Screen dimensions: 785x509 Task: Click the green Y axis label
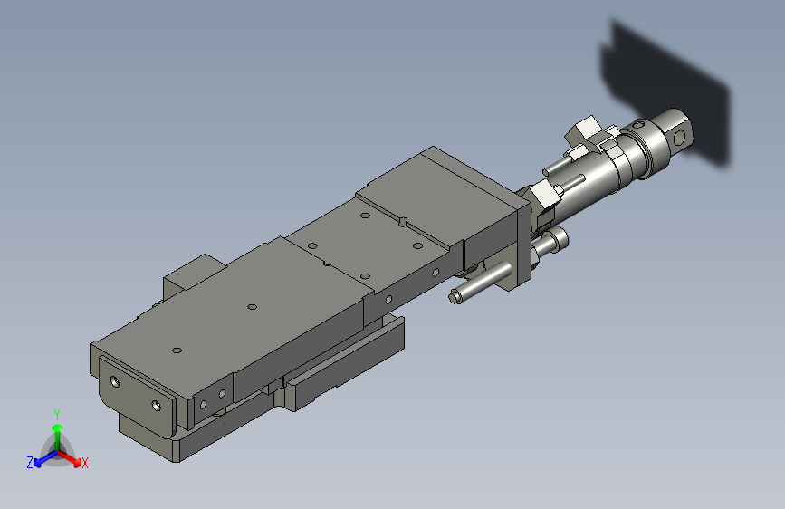tap(57, 415)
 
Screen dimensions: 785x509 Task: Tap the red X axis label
tap(84, 463)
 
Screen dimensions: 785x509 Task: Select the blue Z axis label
tap(30, 463)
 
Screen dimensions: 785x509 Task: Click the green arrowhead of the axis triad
tap(58, 428)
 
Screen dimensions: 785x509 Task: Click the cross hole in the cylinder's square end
tap(680, 137)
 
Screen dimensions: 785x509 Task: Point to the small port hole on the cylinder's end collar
tap(640, 123)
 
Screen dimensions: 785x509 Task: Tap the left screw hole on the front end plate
tap(115, 382)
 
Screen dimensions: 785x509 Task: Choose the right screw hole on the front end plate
tap(157, 404)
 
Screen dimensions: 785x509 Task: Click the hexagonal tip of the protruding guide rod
tap(455, 296)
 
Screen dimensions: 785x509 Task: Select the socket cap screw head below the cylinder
tap(556, 238)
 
